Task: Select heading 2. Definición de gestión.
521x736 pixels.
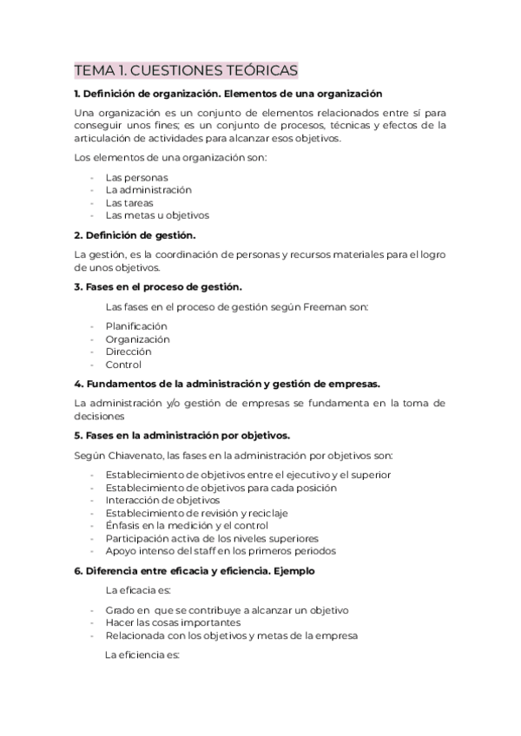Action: (135, 234)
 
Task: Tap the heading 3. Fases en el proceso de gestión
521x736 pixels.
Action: (159, 286)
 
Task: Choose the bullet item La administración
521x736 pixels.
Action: (148, 189)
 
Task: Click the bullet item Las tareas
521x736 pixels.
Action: (129, 202)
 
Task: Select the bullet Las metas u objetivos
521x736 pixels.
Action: (157, 215)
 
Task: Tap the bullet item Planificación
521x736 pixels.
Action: (136, 325)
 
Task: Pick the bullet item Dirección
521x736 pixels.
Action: (129, 352)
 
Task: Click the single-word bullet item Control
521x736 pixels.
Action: (123, 365)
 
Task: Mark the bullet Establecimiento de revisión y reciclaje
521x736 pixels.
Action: (184, 513)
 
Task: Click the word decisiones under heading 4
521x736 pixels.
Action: (100, 416)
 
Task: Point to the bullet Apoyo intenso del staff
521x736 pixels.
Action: (221, 551)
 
